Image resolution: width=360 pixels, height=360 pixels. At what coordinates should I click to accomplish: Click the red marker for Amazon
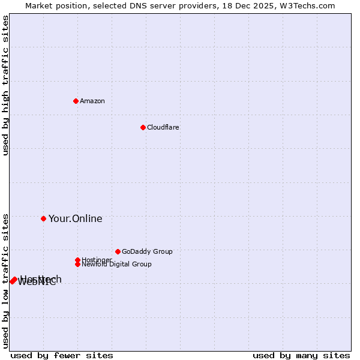[76, 101]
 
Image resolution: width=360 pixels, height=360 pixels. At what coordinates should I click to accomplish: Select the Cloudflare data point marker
[143, 127]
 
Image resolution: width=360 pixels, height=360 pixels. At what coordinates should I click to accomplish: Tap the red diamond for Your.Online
[43, 218]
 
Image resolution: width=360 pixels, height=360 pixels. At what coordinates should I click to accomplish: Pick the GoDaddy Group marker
[118, 251]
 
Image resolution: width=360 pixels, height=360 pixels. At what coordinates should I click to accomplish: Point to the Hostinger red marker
[77, 260]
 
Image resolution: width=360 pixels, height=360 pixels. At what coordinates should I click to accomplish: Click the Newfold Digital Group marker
[77, 264]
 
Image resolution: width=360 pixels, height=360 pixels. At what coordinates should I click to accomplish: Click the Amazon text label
[92, 101]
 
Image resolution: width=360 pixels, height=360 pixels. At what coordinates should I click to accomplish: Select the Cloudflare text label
[163, 127]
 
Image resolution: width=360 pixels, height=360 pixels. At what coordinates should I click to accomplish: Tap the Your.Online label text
[76, 218]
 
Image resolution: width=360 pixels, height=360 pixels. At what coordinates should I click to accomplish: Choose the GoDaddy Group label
[147, 251]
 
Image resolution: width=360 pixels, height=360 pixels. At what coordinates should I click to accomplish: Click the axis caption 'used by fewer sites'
[62, 355]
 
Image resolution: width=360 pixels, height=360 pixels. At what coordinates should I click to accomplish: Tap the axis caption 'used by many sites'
[301, 355]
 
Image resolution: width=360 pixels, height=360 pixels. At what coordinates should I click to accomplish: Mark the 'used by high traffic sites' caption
[6, 85]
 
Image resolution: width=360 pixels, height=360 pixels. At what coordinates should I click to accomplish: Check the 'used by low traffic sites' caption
[6, 280]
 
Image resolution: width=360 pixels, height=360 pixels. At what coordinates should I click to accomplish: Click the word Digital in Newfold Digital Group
[120, 264]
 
